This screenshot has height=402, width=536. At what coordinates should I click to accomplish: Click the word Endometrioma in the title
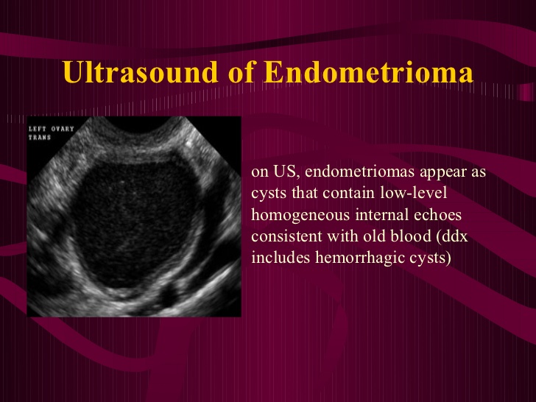(368, 72)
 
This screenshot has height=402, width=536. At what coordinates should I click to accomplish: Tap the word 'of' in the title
(241, 72)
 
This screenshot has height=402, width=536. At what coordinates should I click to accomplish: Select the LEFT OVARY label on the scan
(52, 129)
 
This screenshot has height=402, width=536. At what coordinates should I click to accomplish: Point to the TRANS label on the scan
(40, 138)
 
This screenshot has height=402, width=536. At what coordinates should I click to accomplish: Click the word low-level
(414, 193)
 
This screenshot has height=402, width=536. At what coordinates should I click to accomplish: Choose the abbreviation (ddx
(452, 237)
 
